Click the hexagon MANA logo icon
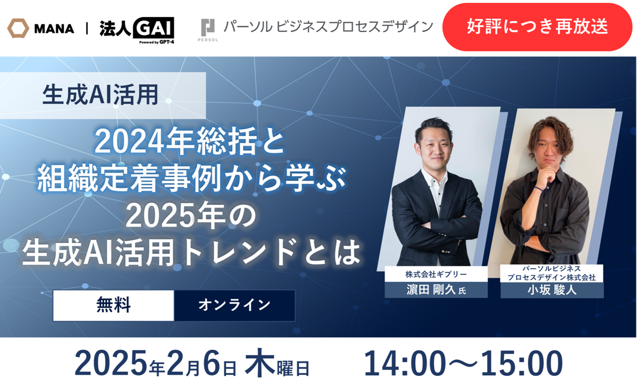click(x=18, y=28)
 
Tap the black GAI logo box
click(x=154, y=28)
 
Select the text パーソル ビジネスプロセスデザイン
click(x=328, y=27)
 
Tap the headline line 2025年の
click(x=191, y=216)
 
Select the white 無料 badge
click(x=113, y=305)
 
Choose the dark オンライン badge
click(x=234, y=305)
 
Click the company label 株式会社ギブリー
click(x=436, y=274)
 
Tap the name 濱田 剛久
click(x=431, y=290)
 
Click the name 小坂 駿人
click(x=552, y=290)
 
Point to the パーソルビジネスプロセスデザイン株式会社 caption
click(x=552, y=273)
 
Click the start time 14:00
click(x=404, y=364)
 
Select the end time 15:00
click(x=522, y=364)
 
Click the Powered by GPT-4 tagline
click(x=156, y=42)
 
